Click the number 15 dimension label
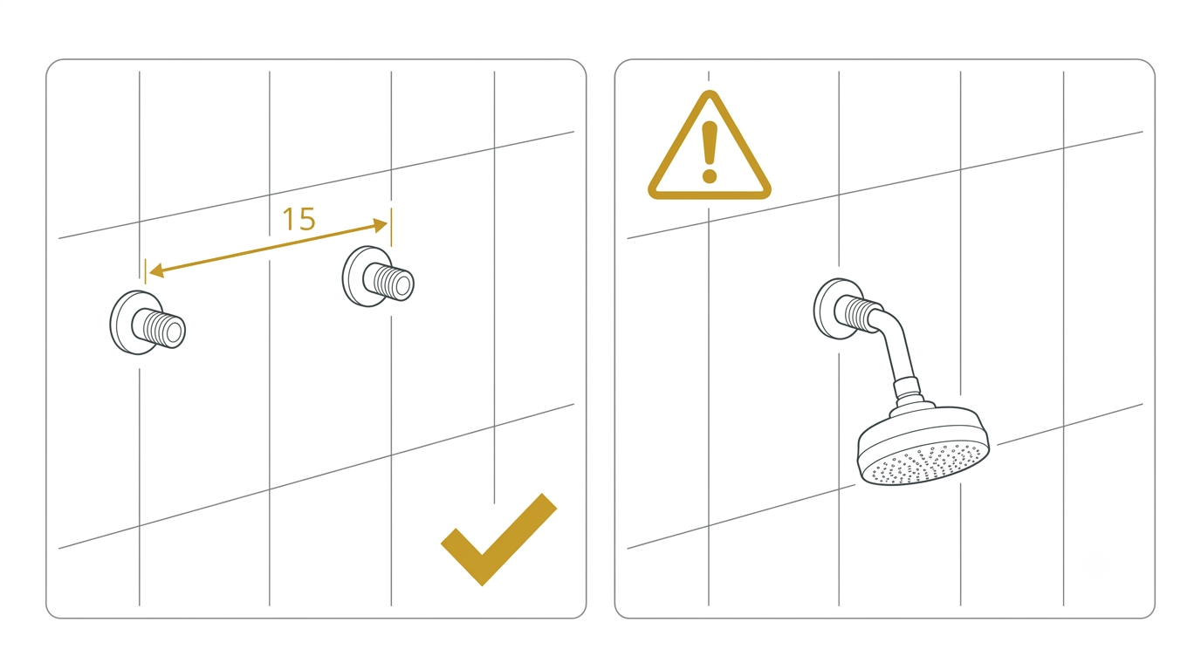tap(299, 219)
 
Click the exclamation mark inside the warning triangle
tap(710, 152)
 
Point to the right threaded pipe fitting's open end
tap(402, 285)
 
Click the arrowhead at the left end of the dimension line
tap(155, 270)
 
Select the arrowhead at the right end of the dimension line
tap(381, 225)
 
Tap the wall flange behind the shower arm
tap(826, 309)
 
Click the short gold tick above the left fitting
tap(145, 270)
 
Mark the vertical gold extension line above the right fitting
tap(391, 228)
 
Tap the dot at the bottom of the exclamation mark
tap(710, 175)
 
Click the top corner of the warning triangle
tap(710, 92)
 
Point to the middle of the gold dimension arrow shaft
tap(268, 248)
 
